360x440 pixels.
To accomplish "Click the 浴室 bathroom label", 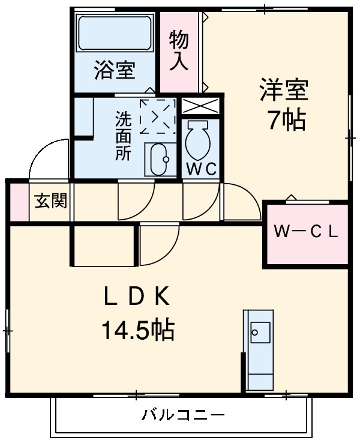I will [114, 71].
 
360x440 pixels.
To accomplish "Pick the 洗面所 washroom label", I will [122, 135].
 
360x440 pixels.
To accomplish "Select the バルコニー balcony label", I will [183, 414].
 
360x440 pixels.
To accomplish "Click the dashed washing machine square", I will [157, 116].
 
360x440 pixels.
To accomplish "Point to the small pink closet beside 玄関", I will [19, 201].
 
